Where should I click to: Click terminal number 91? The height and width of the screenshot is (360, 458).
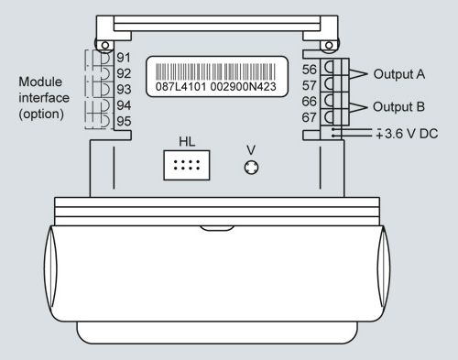pos(124,58)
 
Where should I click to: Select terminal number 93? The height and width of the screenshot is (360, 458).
pos(124,90)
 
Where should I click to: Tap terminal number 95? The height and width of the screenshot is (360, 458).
pos(124,121)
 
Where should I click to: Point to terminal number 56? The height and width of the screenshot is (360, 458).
pos(310,70)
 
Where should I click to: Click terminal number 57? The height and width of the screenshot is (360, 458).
pos(310,85)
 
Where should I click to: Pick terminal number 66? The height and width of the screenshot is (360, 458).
pos(310,102)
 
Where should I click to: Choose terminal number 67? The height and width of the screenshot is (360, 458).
pos(310,117)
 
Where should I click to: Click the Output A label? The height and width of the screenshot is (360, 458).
pos(399,74)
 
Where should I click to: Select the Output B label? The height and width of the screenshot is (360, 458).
pos(398,107)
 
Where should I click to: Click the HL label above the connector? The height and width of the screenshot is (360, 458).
pos(187,142)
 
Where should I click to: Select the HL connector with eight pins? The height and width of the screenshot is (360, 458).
pos(187,165)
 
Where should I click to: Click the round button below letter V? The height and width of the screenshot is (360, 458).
pos(251,168)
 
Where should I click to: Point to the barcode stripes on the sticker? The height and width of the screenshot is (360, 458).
pos(215,71)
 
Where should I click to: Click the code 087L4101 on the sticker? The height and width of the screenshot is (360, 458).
pos(180,87)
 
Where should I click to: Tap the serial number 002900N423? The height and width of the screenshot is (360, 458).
pos(244,87)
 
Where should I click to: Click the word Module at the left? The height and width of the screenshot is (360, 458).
pos(40,82)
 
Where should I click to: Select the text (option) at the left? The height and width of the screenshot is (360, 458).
pos(41,115)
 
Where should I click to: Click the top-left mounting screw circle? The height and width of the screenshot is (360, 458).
pos(105,46)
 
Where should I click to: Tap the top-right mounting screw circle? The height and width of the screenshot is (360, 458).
pos(329,46)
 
